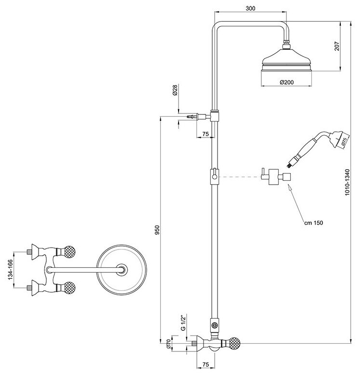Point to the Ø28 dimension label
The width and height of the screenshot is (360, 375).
(176, 92)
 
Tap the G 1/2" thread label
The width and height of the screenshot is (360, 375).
(183, 322)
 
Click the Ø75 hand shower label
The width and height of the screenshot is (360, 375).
(344, 142)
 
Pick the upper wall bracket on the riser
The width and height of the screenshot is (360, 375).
(216, 116)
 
